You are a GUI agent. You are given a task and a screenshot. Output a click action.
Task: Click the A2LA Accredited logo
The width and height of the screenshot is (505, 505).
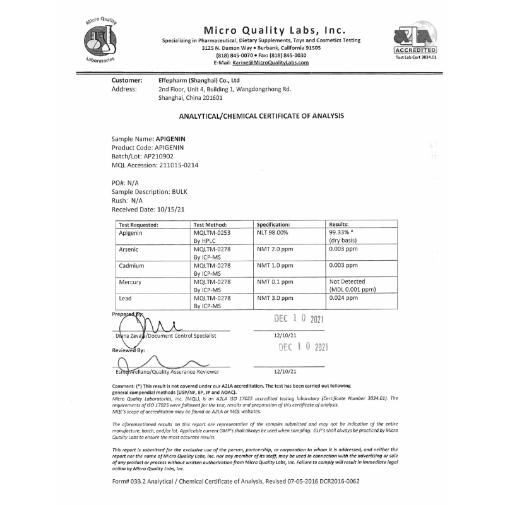click(x=415, y=40)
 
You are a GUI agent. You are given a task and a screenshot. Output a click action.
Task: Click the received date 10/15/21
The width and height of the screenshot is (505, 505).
click(x=172, y=208)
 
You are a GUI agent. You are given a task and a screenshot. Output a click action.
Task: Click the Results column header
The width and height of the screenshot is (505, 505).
click(x=339, y=224)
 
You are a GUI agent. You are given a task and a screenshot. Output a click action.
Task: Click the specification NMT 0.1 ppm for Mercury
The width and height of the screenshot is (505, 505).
click(x=275, y=281)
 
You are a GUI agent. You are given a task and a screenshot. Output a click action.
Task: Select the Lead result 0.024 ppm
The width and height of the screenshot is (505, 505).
click(x=343, y=297)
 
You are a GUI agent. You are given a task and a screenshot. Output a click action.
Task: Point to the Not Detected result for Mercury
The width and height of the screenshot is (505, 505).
click(x=347, y=281)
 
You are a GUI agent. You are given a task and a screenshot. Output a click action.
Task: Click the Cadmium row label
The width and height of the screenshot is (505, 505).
click(x=132, y=265)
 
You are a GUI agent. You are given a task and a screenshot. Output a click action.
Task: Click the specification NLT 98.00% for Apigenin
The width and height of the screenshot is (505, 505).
click(x=274, y=232)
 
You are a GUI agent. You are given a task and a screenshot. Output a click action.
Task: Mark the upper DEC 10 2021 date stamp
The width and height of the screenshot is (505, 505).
click(x=299, y=319)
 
